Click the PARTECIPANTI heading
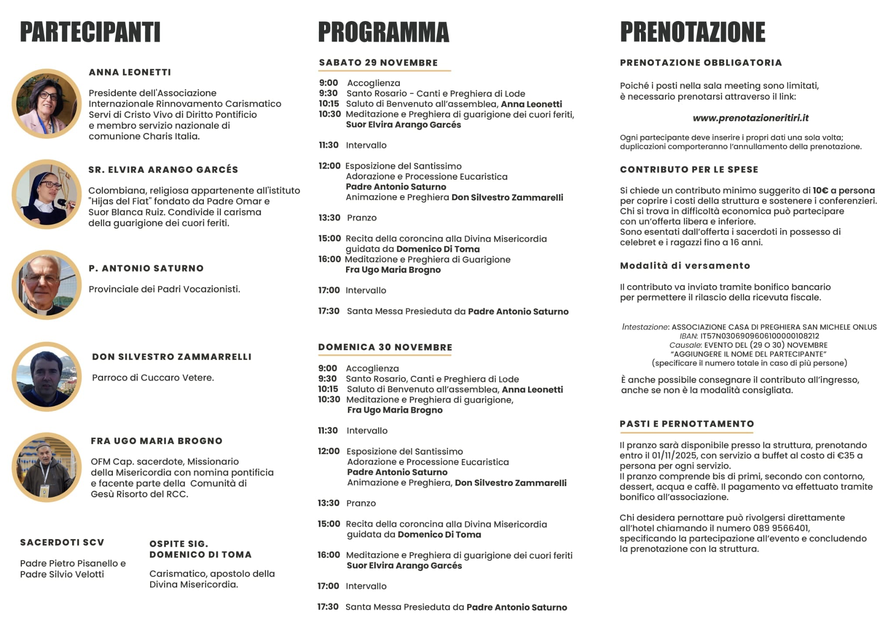90,32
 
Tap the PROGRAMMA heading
383,32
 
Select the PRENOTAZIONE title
693,32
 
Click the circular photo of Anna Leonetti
46,104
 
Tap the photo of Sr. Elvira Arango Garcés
46,194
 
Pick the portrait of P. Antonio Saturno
46,285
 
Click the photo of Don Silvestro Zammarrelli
46,376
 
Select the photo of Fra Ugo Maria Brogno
46,467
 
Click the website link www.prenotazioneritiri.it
750,118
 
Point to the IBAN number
759,336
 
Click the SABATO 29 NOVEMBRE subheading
378,63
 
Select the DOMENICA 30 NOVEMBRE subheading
385,347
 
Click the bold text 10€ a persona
843,191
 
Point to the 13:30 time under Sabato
329,218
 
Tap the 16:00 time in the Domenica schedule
329,555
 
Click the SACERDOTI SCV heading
62,543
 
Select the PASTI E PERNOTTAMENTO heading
687,424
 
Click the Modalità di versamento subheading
685,266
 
